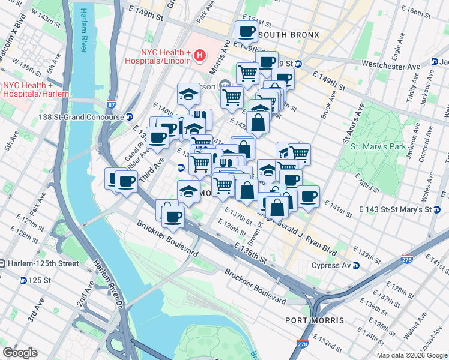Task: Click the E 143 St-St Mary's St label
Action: pyautogui.click(x=394, y=209)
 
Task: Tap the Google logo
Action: pyautogui.click(x=20, y=353)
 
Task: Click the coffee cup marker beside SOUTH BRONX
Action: pyautogui.click(x=246, y=31)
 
